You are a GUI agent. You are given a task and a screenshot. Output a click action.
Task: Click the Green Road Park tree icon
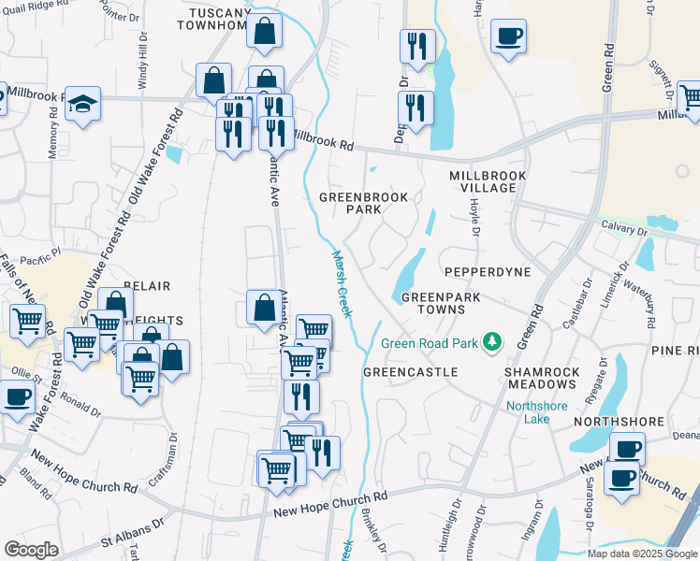(489, 343)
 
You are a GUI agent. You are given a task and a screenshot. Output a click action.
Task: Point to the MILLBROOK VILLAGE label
(488, 181)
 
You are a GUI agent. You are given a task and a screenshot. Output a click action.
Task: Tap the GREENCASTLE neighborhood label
(410, 372)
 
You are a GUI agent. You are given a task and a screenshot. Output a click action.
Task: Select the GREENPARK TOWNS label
(433, 303)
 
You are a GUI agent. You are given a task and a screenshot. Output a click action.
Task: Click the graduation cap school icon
(83, 105)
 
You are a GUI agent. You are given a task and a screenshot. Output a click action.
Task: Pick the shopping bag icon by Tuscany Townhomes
(266, 31)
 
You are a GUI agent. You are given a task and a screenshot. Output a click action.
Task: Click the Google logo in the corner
(31, 549)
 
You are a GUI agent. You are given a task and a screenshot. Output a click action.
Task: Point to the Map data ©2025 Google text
(642, 554)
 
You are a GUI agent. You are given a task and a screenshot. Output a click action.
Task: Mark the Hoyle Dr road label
(474, 221)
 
